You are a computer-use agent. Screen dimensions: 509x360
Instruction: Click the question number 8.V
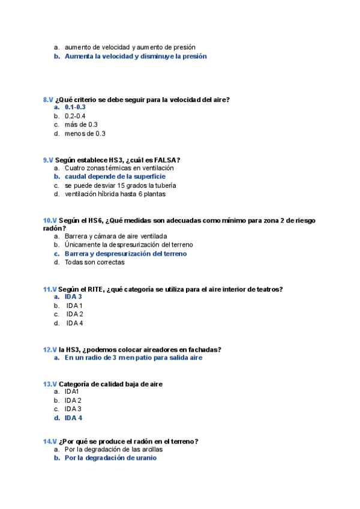48,100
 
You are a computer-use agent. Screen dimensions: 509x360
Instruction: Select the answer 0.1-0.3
75,107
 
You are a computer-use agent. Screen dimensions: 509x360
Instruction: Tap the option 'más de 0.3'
81,125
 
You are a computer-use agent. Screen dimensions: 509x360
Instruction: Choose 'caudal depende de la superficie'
115,177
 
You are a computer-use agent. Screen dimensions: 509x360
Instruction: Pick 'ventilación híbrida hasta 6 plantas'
115,194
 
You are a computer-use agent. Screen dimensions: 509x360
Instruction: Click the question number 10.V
50,220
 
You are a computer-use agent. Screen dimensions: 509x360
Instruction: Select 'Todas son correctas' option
94,262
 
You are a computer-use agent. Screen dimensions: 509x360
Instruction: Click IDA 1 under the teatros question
74,306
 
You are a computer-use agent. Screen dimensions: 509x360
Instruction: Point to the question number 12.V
50,349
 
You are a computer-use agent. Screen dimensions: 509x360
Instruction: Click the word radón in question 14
142,441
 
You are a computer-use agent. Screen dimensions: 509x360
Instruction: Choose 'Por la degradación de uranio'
110,457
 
